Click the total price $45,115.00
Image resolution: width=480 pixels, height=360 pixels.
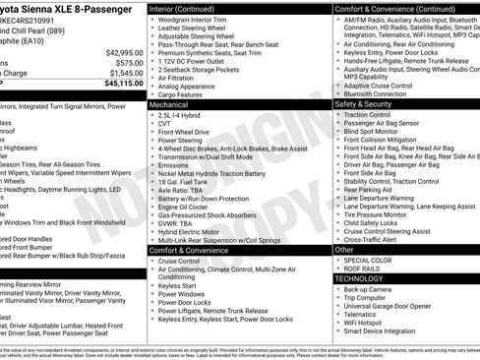(119, 84)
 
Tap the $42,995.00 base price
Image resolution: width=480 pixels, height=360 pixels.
(120, 51)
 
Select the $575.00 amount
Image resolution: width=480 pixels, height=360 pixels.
(125, 62)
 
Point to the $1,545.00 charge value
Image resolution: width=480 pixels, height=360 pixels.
(122, 73)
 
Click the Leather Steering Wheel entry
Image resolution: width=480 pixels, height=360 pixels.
(192, 30)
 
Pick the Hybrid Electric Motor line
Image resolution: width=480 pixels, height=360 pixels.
(191, 229)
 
